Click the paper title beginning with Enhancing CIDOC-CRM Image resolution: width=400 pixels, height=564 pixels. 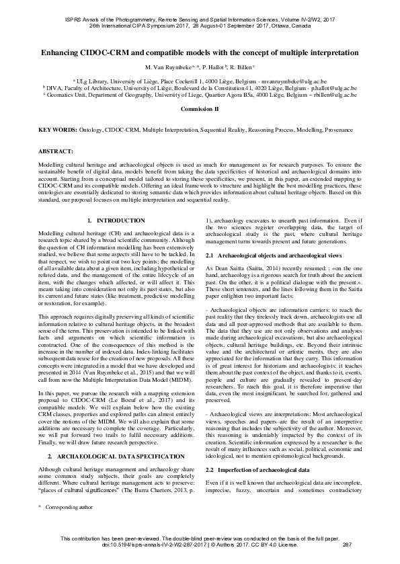pyautogui.click(x=200, y=52)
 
